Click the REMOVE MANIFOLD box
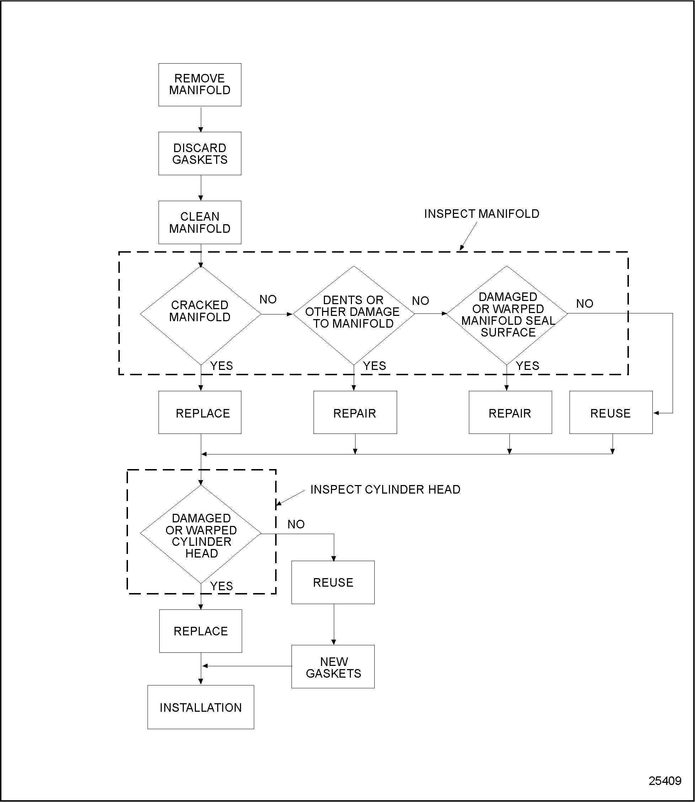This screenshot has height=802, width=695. (200, 85)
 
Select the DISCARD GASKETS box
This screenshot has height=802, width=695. (200, 154)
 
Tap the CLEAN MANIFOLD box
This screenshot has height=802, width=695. (200, 222)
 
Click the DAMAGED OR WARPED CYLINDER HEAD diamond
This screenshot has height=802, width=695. (201, 534)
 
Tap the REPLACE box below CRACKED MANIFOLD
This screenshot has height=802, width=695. (200, 413)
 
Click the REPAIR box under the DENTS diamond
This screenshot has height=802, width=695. (355, 413)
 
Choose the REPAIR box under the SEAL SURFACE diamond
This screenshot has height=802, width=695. (510, 413)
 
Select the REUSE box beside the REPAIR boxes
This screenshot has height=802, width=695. (610, 413)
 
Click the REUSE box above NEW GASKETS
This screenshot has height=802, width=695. (333, 582)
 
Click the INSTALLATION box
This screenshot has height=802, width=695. (201, 707)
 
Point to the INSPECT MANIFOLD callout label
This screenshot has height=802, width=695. (481, 214)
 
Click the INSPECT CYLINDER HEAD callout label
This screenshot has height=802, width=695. (385, 490)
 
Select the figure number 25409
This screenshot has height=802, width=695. (665, 781)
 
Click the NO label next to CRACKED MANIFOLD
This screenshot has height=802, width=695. (268, 300)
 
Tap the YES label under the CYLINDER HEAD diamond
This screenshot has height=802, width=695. (221, 586)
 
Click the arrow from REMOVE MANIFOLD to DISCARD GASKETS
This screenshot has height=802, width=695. (201, 119)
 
